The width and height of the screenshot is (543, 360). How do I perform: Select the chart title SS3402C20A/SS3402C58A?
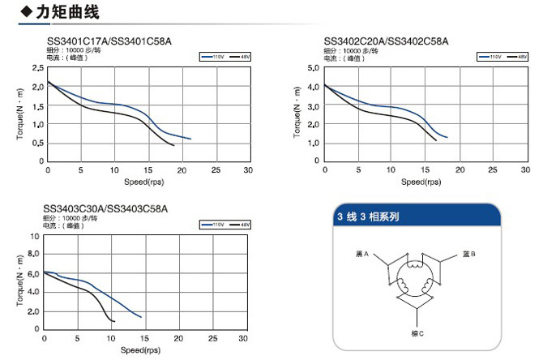tap(386, 41)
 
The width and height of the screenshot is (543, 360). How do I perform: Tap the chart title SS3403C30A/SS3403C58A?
tap(105, 209)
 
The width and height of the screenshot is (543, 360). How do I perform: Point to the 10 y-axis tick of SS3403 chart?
tap(34, 236)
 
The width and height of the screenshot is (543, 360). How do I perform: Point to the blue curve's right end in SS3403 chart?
tap(141, 317)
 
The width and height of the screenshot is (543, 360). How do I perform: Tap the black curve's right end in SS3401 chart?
tap(173, 146)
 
